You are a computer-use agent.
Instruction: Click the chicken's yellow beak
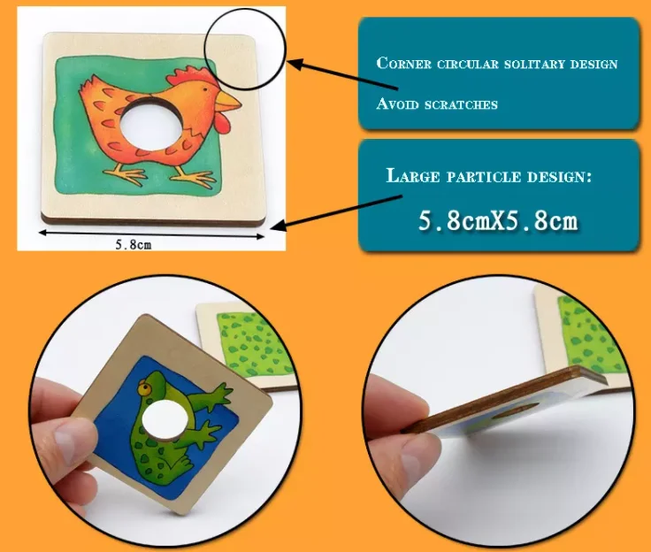[x=228, y=101]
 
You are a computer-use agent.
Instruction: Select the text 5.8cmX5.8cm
[x=497, y=220]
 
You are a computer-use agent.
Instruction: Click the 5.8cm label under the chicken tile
[x=133, y=245]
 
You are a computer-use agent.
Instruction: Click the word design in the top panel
[x=594, y=65]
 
